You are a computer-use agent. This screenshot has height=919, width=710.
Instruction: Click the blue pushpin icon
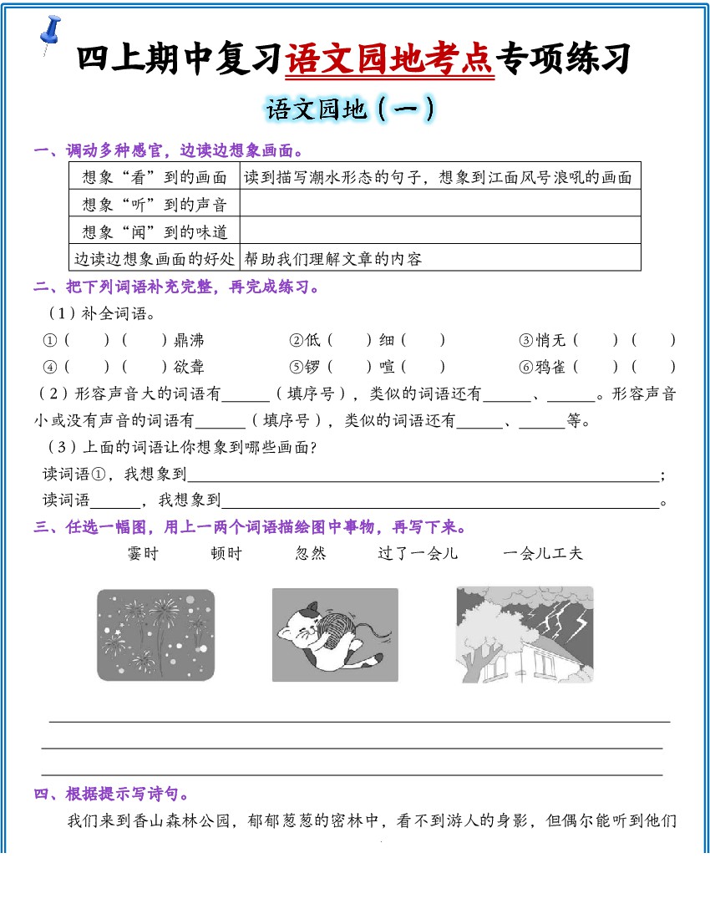point(51,33)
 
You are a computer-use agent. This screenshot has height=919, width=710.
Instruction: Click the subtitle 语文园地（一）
point(350,109)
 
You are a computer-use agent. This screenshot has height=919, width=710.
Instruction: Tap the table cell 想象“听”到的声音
point(155,204)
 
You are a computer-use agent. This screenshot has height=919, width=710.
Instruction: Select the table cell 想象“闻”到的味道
point(155,231)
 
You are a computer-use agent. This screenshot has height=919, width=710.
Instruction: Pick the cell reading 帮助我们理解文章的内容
point(333,259)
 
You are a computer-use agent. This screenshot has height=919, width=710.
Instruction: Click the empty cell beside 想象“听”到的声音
point(440,204)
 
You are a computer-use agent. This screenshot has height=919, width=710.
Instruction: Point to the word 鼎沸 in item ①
point(189,340)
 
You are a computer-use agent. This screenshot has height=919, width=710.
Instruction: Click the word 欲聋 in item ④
point(189,367)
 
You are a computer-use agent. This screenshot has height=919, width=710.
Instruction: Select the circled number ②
point(296,340)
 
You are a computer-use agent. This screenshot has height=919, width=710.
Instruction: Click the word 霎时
point(143,553)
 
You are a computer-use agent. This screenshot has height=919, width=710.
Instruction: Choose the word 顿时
point(226,553)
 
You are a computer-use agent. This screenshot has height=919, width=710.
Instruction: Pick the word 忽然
point(311,553)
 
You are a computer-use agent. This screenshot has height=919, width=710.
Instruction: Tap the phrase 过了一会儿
point(418,553)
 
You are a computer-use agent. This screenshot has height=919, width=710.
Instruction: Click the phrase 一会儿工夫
point(543,553)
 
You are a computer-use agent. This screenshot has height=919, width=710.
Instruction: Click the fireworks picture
point(155,635)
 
